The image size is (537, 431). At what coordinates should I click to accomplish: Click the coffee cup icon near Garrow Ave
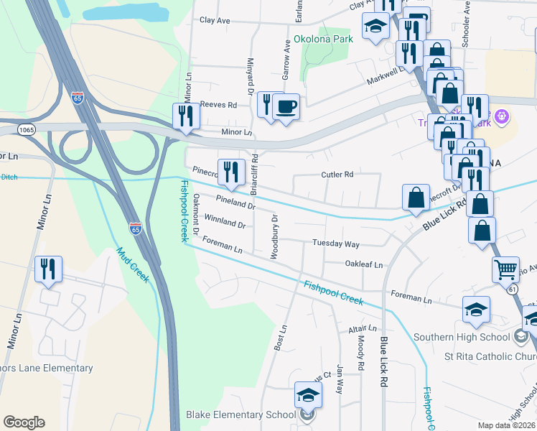[x=286, y=107]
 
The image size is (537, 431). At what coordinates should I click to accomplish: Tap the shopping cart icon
[x=505, y=269]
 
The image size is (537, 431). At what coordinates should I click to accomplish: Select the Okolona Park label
[x=323, y=39]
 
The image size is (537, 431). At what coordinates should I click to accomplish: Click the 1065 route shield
[x=27, y=130]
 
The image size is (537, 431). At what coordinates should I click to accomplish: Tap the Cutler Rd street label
[x=337, y=175]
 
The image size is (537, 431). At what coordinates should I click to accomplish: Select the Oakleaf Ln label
[x=363, y=264]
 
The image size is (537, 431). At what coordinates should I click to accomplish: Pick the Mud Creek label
[x=133, y=265]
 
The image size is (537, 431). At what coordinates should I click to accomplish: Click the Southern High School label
[x=466, y=337]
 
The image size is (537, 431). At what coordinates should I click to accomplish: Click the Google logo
[x=24, y=422]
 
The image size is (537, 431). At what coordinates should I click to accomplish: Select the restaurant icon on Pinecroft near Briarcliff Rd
[x=230, y=172]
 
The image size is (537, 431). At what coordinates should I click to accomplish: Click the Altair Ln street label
[x=358, y=328]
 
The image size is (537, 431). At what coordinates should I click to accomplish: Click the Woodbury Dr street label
[x=274, y=236]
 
